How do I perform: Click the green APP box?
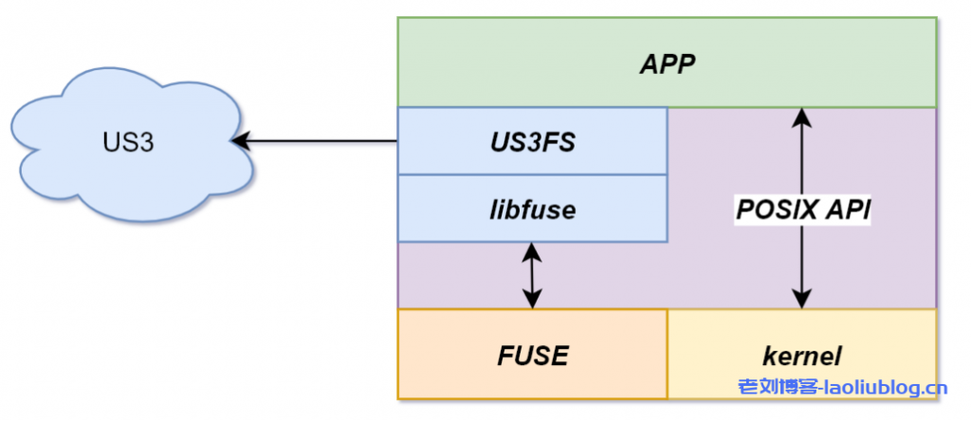(x=667, y=64)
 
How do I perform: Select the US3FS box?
(x=532, y=141)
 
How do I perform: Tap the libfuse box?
(x=532, y=209)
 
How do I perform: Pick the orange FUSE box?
(x=532, y=355)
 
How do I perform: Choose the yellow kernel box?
(x=801, y=355)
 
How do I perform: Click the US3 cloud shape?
(x=128, y=142)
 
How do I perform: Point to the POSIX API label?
(x=803, y=210)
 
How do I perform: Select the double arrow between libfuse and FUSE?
(x=532, y=275)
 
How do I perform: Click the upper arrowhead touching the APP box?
(x=803, y=117)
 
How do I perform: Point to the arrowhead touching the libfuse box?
(x=532, y=251)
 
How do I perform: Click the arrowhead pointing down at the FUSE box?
(x=532, y=300)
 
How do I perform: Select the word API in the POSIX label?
(x=849, y=210)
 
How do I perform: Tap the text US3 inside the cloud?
(x=128, y=143)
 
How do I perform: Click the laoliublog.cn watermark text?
(x=886, y=387)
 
